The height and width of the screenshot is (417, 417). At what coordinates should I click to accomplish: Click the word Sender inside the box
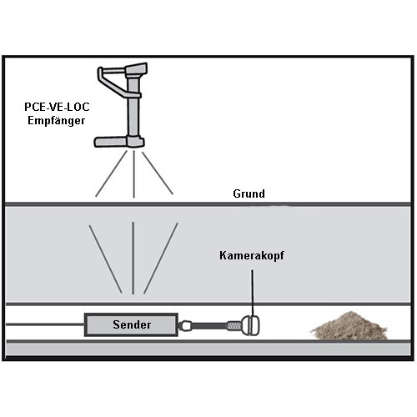(132, 324)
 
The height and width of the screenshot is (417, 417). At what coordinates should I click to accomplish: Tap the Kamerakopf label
(252, 255)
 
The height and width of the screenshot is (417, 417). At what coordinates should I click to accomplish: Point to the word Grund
(249, 193)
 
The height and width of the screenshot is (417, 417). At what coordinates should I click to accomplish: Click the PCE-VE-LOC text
(57, 107)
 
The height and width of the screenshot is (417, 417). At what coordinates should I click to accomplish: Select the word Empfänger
(57, 121)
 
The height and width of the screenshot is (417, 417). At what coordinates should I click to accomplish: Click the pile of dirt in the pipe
(349, 326)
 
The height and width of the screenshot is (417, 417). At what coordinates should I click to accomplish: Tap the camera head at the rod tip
(250, 325)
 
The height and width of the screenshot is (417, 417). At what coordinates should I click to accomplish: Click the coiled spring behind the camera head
(234, 325)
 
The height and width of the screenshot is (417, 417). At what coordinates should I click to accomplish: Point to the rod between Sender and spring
(209, 325)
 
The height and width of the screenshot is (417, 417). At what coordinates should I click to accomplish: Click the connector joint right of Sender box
(184, 325)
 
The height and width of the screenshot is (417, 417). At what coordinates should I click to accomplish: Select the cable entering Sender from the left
(45, 324)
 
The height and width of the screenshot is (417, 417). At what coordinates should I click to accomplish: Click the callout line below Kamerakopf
(253, 294)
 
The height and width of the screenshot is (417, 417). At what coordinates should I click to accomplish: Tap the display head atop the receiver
(136, 69)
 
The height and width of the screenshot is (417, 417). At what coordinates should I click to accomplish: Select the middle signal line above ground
(134, 174)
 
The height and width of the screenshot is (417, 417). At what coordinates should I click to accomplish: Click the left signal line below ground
(105, 259)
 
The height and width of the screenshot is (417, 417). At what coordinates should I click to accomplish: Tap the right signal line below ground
(161, 258)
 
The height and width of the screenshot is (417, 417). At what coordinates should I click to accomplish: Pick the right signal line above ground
(158, 173)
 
